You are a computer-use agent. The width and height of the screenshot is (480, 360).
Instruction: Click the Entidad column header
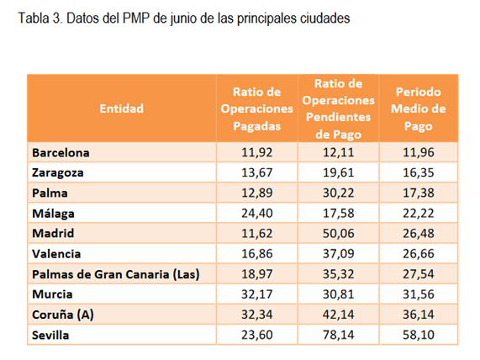122,109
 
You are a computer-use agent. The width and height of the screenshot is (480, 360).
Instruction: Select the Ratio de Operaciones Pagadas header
257,109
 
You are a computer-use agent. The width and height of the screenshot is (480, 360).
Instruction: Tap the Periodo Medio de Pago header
418,109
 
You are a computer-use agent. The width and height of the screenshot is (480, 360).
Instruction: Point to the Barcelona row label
61,152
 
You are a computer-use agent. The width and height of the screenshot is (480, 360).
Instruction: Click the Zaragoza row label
57,172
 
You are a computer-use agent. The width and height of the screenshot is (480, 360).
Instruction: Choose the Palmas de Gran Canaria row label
116,274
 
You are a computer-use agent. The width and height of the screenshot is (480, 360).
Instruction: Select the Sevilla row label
50,335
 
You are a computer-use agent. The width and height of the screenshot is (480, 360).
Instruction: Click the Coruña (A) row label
63,315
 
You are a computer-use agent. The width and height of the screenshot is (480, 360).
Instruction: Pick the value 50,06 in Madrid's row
338,234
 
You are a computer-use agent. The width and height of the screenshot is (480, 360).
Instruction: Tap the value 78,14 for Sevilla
338,335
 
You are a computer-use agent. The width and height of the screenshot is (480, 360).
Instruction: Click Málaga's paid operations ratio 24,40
257,214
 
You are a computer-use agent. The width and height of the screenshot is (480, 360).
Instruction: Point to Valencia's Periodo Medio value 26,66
418,254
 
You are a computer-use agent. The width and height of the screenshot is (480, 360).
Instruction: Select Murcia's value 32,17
257,294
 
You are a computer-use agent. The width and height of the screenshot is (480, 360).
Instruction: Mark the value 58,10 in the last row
418,335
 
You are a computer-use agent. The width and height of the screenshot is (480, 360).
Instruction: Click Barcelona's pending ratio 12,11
338,152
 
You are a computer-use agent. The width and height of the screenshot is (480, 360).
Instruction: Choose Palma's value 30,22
338,193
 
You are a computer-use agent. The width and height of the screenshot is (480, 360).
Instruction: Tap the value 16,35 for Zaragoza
418,172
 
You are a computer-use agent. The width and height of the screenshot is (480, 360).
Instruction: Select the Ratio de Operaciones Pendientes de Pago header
338,109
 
